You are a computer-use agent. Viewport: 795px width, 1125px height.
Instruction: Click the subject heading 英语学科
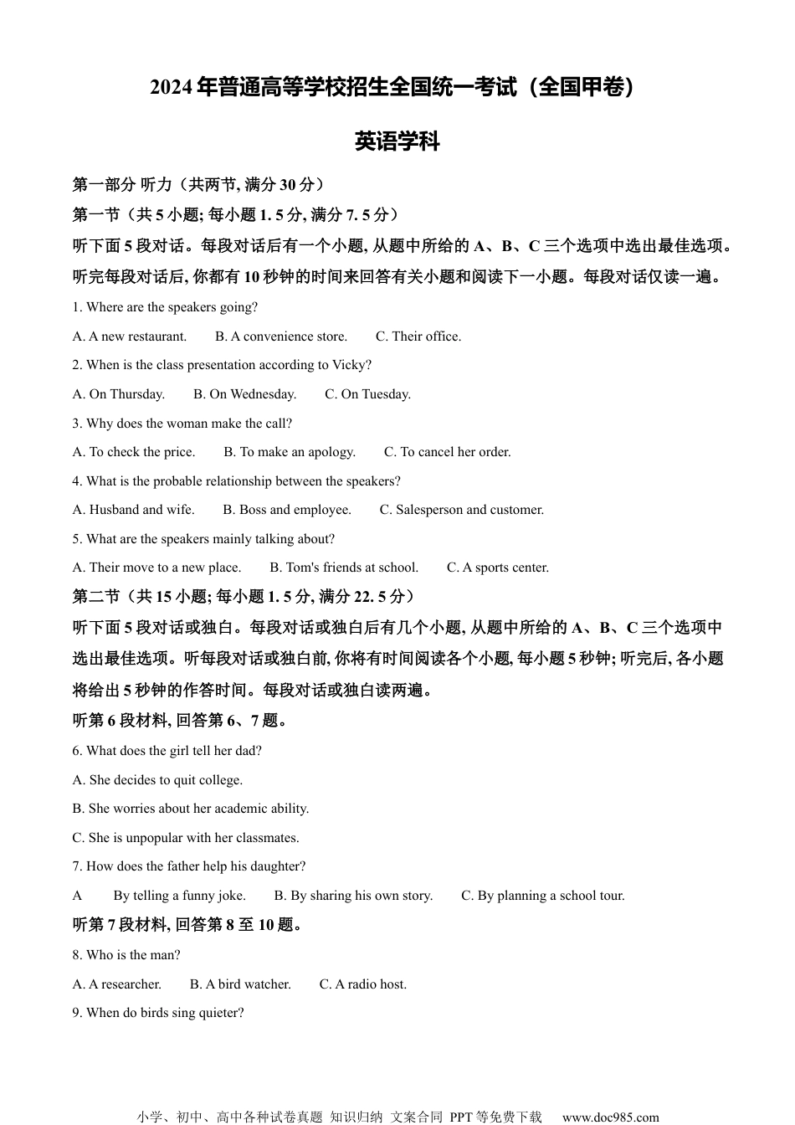click(x=397, y=141)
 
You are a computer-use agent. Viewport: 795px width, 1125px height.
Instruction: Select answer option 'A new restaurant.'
click(x=130, y=336)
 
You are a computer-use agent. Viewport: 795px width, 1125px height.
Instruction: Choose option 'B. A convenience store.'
click(x=281, y=336)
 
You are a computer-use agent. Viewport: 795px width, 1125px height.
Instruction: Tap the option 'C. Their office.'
click(x=418, y=336)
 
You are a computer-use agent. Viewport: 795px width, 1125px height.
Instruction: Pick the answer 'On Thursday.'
click(x=119, y=394)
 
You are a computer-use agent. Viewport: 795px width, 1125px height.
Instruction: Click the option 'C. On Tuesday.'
click(x=367, y=394)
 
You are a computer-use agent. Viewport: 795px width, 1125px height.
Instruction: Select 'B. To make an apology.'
click(x=290, y=452)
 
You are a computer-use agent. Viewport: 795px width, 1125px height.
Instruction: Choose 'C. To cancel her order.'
click(x=447, y=452)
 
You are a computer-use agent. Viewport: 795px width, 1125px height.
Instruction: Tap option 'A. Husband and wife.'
click(x=134, y=510)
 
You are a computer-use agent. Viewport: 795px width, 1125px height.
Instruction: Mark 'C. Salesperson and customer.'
click(x=462, y=510)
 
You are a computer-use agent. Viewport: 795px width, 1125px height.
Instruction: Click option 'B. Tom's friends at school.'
click(x=344, y=568)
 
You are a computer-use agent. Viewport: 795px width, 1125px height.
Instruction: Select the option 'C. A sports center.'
click(x=498, y=568)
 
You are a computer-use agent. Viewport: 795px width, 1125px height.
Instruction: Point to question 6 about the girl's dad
click(x=167, y=751)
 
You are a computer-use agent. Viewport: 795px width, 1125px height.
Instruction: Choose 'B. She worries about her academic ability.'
click(x=191, y=809)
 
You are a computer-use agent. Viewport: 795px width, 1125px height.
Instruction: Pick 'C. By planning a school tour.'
click(x=543, y=896)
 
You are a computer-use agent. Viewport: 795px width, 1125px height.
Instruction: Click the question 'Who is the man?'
click(x=126, y=955)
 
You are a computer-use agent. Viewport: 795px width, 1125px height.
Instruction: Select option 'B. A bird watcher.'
click(x=240, y=984)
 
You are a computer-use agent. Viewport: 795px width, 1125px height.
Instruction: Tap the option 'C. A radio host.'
click(x=363, y=984)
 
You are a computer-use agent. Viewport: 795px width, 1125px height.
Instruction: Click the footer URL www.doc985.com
click(x=610, y=1117)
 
